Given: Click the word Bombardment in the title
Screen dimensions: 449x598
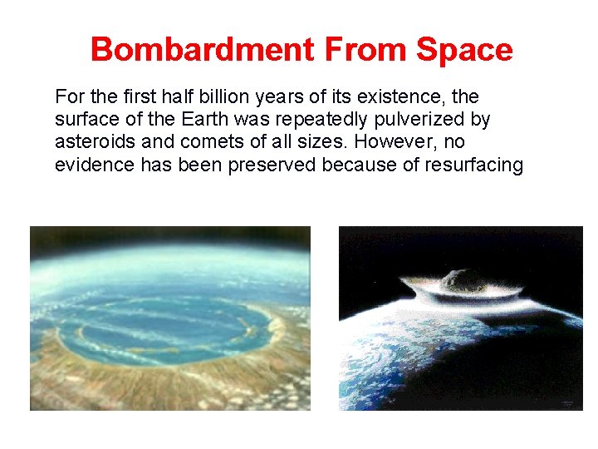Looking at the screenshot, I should click(x=203, y=50).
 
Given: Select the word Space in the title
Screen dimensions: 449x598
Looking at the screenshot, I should click(x=464, y=50).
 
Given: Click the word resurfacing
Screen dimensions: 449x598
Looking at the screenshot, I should click(x=473, y=165).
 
